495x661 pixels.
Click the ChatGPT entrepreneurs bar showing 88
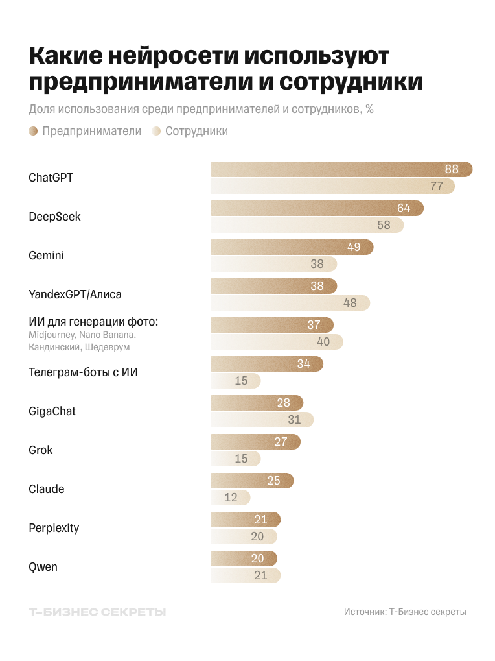click(x=341, y=169)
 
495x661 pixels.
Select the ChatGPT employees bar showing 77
click(x=332, y=186)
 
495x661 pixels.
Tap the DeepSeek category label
click(x=54, y=217)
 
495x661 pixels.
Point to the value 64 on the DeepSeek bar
click(x=404, y=208)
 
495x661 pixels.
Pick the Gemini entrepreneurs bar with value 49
click(x=292, y=247)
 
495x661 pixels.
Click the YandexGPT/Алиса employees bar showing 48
click(x=290, y=303)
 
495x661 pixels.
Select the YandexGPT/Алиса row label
click(x=75, y=294)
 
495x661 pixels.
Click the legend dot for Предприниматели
click(x=33, y=131)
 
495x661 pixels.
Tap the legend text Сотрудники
click(x=196, y=131)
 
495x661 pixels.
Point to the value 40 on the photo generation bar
click(x=323, y=342)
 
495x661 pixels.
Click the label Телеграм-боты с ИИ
click(x=83, y=372)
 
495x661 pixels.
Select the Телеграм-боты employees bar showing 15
click(x=235, y=381)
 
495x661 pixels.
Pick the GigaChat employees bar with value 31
click(x=262, y=420)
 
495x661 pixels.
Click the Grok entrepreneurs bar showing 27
click(x=255, y=442)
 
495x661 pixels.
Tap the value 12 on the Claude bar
click(x=231, y=498)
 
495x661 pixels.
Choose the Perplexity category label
click(x=54, y=528)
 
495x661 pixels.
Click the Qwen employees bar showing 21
click(x=245, y=575)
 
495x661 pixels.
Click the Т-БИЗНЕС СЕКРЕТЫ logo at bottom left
click(x=97, y=612)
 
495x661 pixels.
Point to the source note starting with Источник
click(x=405, y=612)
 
